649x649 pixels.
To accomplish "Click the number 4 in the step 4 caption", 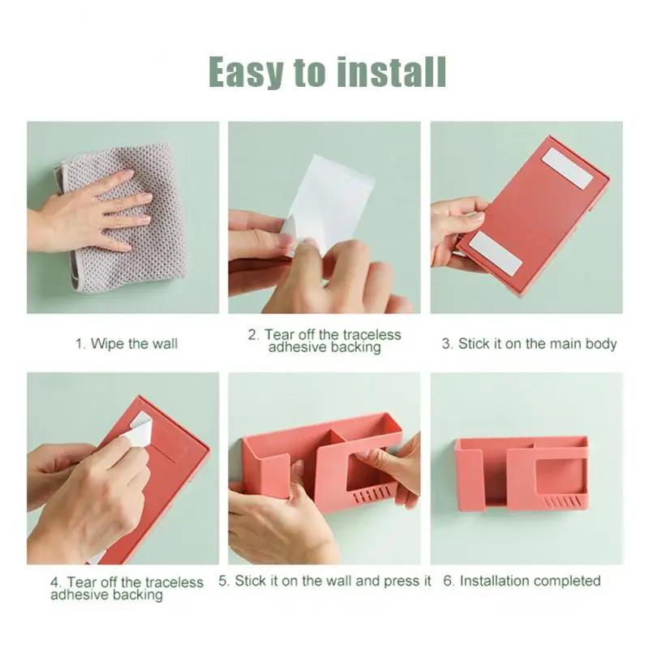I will (55, 582).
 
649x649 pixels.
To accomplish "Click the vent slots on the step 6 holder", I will (562, 502).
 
